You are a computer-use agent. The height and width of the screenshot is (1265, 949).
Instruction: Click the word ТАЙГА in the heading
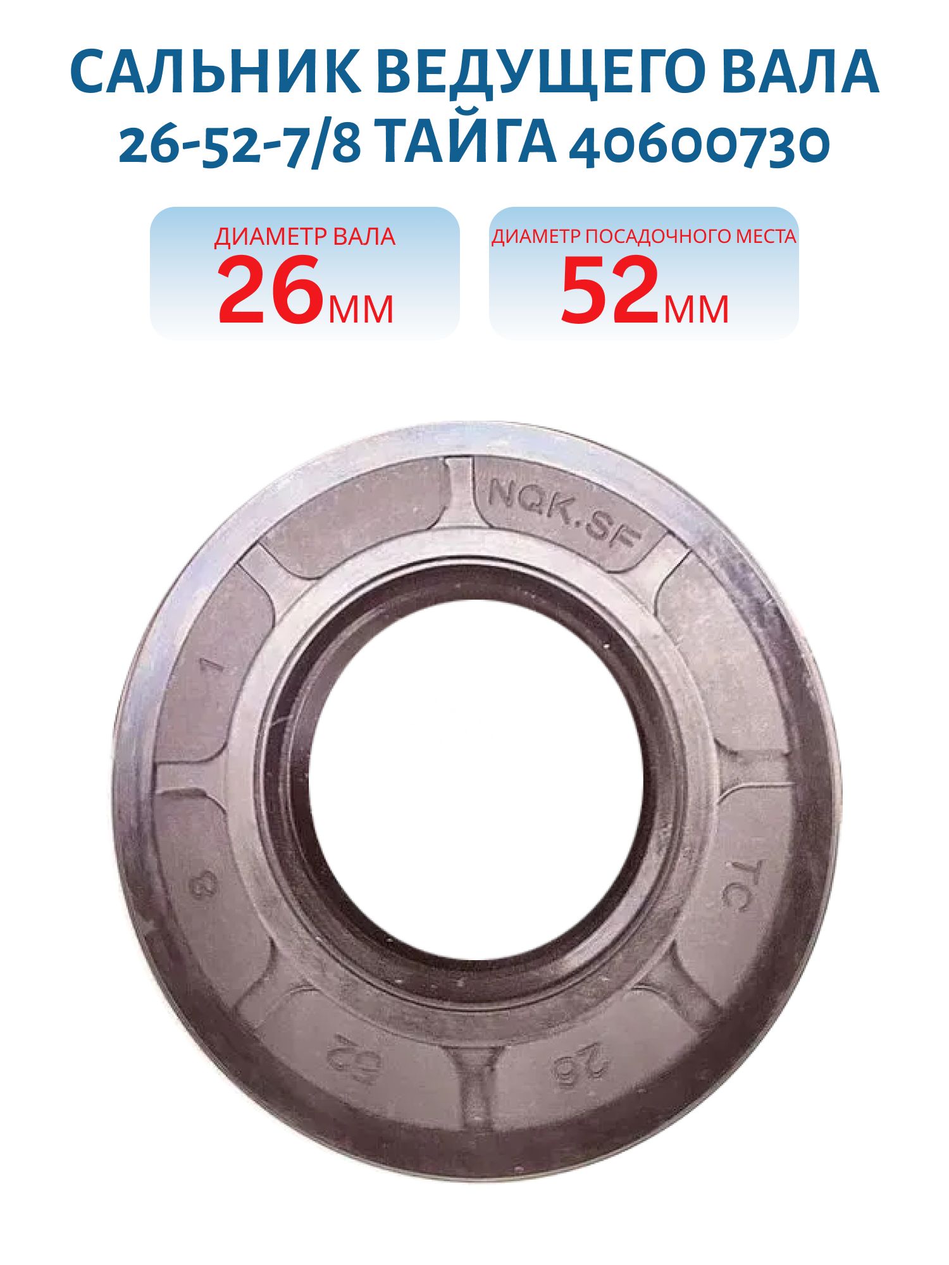[469, 143]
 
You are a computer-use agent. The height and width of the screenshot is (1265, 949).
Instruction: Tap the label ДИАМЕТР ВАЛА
[304, 237]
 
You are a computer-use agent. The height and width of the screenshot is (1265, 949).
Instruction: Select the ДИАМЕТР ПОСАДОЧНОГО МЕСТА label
[644, 237]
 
